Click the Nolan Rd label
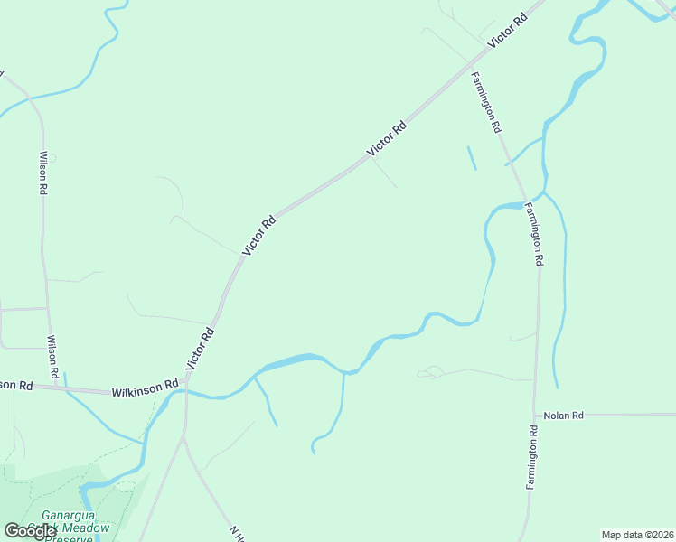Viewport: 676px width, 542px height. [x=564, y=416]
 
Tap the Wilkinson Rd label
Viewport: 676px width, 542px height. [x=145, y=389]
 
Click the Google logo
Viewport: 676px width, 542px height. [x=30, y=531]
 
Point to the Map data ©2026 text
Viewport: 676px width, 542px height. [x=637, y=535]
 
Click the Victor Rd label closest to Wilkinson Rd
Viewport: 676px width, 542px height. [x=201, y=349]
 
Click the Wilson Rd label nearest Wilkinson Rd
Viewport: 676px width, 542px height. [x=53, y=357]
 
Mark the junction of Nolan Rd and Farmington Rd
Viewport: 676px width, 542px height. [x=535, y=416]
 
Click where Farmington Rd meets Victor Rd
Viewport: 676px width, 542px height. [x=468, y=65]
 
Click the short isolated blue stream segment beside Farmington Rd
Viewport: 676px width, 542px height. [x=471, y=157]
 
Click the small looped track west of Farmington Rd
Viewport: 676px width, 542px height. [x=431, y=371]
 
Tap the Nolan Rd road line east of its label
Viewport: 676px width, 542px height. [x=633, y=415]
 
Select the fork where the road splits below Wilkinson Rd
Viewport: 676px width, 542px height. [x=184, y=438]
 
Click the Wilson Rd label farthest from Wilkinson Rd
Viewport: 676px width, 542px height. [x=42, y=173]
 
